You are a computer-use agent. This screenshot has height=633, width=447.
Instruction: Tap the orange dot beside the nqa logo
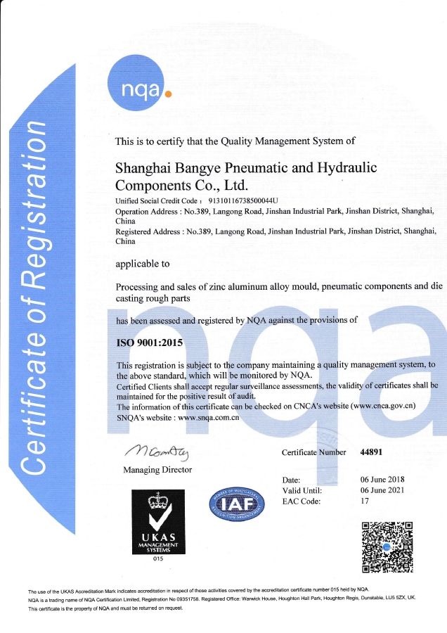click(x=167, y=92)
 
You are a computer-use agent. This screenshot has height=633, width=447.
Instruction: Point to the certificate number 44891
click(x=370, y=452)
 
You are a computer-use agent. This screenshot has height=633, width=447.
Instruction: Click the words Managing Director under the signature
click(x=157, y=469)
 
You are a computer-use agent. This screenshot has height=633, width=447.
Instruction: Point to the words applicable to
click(x=142, y=264)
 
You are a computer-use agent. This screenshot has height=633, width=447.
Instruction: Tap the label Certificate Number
click(x=313, y=452)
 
